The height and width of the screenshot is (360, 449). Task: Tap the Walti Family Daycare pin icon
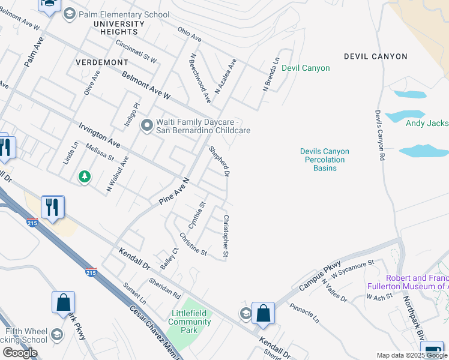pyautogui.click(x=146, y=125)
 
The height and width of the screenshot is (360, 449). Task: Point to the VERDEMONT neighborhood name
pyautogui.click(x=102, y=62)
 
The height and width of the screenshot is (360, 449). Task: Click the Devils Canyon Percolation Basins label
pyautogui.click(x=324, y=160)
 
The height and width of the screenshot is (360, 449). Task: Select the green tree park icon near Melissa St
pyautogui.click(x=85, y=176)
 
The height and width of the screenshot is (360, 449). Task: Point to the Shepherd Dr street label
pyautogui.click(x=219, y=161)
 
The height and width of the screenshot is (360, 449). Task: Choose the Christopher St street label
pyautogui.click(x=226, y=237)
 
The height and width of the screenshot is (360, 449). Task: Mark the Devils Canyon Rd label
pyautogui.click(x=379, y=135)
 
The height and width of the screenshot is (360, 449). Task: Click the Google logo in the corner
pyautogui.click(x=20, y=352)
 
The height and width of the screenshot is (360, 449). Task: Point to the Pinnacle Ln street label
pyautogui.click(x=304, y=312)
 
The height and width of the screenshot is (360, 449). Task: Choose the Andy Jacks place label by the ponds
pyautogui.click(x=427, y=123)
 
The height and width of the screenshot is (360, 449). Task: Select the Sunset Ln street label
pyautogui.click(x=134, y=294)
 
